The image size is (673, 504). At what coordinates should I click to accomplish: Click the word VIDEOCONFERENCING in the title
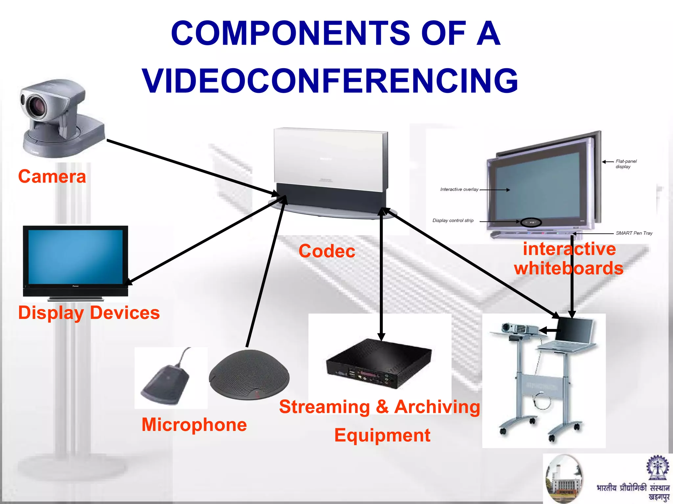330,81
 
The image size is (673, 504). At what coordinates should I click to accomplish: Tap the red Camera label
52,177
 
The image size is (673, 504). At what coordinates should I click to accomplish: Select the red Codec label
327,251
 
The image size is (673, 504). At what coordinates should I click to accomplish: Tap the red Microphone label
194,425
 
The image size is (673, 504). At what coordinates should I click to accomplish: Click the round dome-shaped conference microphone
249,374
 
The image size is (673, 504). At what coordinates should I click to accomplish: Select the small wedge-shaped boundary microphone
166,384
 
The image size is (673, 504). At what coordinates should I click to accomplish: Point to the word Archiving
437,407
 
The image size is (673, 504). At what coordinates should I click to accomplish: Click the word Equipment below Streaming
382,435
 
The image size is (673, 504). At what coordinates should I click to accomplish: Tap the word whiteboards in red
569,268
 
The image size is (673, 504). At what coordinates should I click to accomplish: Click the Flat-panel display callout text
626,164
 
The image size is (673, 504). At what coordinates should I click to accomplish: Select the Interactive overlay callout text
459,189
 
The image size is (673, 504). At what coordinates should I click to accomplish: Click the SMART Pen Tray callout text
634,233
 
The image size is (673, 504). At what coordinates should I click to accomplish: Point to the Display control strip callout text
453,220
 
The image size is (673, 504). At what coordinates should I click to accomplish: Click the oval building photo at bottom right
564,479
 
